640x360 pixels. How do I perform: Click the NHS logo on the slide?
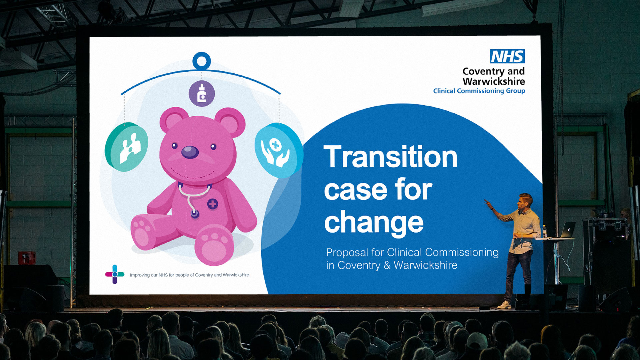coord(507,56)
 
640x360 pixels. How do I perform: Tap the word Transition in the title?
coord(390,157)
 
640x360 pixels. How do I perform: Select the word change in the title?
coord(374,223)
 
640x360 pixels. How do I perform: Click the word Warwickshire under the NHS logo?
coord(494,81)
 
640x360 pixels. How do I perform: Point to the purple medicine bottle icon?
coord(202,93)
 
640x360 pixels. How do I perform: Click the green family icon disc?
coord(127,147)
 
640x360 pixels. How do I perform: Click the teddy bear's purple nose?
coord(190,152)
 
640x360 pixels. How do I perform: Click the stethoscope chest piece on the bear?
coord(195,214)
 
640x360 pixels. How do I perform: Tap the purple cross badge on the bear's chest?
coord(213,204)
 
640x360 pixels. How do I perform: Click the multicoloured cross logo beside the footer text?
coord(115,274)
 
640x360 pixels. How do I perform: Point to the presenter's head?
coord(525,202)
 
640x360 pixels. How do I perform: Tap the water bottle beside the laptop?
coord(544,231)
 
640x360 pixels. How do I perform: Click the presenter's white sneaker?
coord(504,305)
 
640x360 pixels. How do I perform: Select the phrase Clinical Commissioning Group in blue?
coord(479,91)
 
